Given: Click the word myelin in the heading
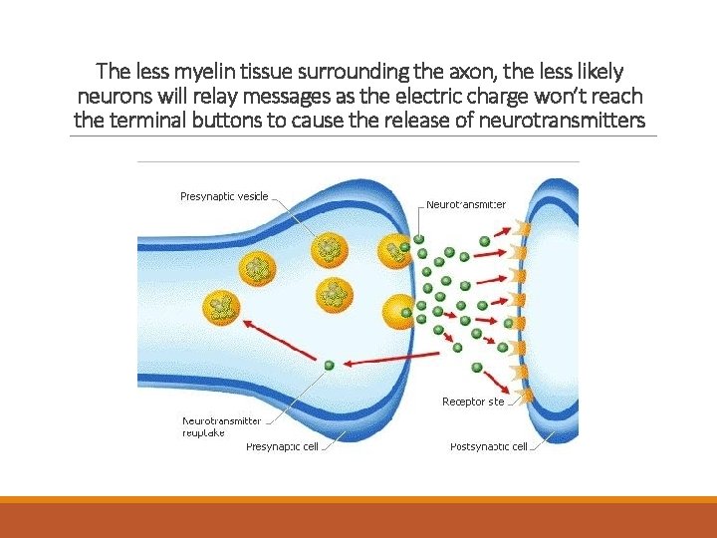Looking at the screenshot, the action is click(202, 72).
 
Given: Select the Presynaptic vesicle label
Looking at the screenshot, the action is click(224, 196).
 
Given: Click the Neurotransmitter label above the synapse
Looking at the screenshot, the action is click(466, 204).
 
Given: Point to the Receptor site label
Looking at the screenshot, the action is click(473, 402).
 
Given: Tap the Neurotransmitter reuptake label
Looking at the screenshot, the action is click(221, 426).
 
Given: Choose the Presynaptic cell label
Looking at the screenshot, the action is click(282, 447).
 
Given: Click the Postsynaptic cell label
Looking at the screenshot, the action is click(488, 447).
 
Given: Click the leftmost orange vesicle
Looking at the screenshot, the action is click(223, 308).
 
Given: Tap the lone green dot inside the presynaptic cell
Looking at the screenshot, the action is click(329, 366).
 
